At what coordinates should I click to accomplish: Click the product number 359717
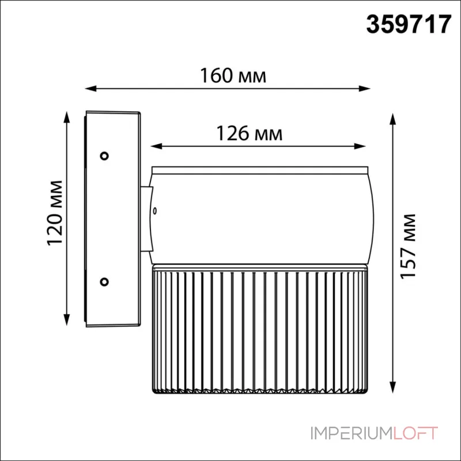coord(409,25)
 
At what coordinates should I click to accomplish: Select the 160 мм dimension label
coord(233,76)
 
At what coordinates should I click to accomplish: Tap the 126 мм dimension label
coord(250,134)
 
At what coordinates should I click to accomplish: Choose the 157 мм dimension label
coord(408,247)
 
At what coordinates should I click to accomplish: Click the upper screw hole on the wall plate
coord(104,156)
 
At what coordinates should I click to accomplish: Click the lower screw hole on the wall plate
coord(104,282)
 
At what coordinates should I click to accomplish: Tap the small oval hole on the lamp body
coord(155,211)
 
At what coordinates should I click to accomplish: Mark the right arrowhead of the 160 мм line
coord(364,88)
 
